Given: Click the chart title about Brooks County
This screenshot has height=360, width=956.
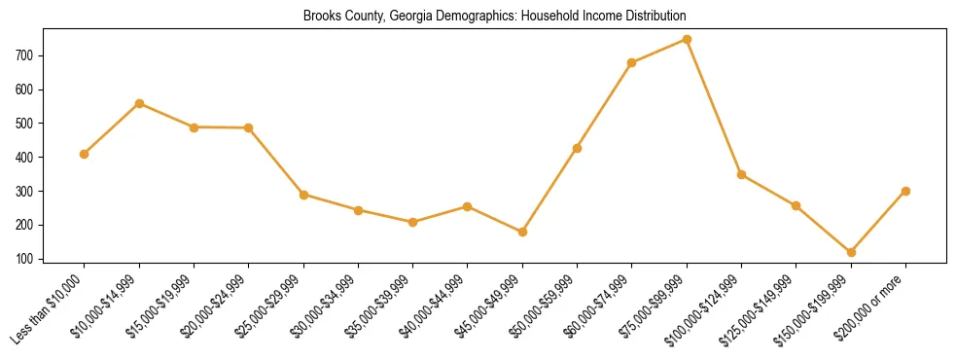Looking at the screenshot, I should pos(494,17).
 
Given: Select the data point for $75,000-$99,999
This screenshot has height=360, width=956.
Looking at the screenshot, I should pos(687,40).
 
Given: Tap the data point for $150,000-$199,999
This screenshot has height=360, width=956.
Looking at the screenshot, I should pos(851,252).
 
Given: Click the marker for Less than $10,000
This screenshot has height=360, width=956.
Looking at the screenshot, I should pos(85,154).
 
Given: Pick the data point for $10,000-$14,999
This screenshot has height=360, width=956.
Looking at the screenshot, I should pos(139,103).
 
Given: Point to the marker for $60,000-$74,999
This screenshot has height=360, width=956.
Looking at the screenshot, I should pos(632,63).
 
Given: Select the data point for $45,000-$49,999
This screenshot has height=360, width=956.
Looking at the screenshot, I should pos(522,232).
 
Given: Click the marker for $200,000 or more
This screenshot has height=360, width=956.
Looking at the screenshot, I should pos(905,191).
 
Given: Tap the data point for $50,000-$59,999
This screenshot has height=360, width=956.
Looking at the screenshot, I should pos(577,148).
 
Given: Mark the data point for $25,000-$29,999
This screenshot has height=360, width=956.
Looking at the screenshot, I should pos(303,195).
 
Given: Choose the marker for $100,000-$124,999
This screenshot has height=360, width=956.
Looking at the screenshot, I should pos(741,175).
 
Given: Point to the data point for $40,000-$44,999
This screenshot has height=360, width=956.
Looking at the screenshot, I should pos(468,206).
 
